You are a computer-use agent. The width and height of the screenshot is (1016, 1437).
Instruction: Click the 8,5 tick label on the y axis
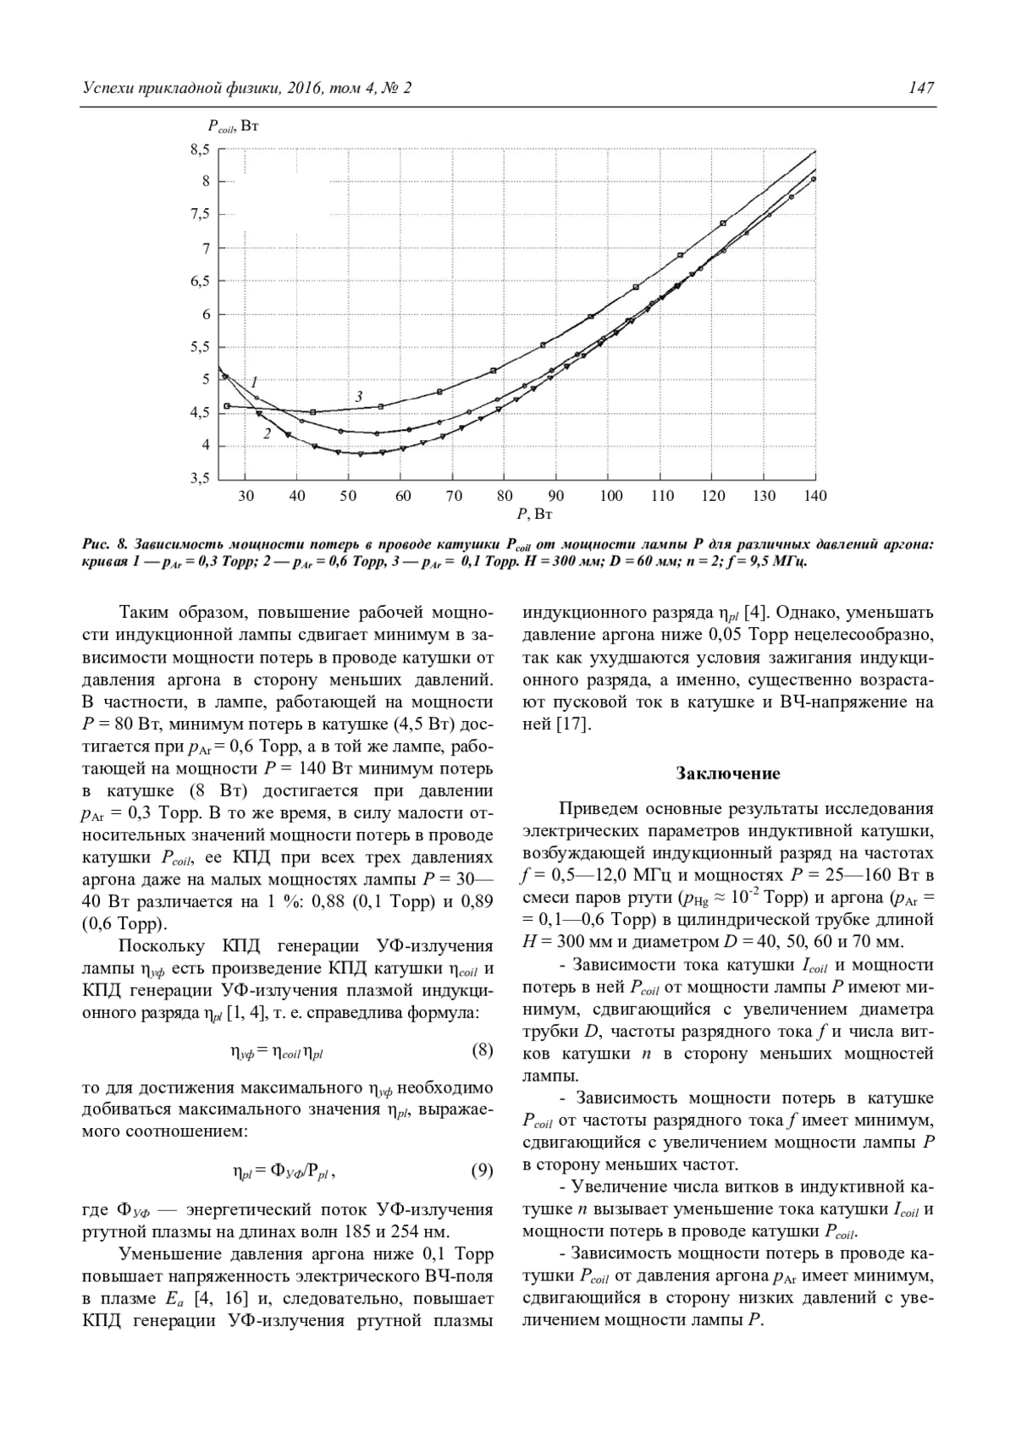pos(199,150)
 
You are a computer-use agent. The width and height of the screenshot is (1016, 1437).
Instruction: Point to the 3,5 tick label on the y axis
pos(199,479)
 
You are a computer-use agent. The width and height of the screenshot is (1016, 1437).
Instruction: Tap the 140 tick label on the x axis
pos(815,496)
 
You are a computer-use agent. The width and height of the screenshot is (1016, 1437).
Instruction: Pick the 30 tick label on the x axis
pos(246,496)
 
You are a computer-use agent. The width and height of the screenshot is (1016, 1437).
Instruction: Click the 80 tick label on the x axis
pos(505,496)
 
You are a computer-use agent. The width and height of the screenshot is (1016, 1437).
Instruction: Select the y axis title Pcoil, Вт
pos(233,126)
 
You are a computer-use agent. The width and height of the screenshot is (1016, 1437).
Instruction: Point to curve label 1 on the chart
pos(253,381)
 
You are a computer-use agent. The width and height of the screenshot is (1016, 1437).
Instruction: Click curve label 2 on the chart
pos(267,433)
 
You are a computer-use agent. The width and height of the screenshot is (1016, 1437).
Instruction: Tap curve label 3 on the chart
pos(358,396)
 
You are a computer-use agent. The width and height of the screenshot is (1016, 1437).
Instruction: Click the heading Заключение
pos(728,774)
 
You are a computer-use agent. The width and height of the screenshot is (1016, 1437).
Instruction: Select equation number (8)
pos(481,1051)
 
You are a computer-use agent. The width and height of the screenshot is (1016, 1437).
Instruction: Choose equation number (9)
pos(481,1171)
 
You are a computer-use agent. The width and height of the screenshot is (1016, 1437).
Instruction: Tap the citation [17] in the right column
pos(572,724)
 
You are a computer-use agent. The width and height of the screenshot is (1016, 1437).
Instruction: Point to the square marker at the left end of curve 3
pos(227,406)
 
